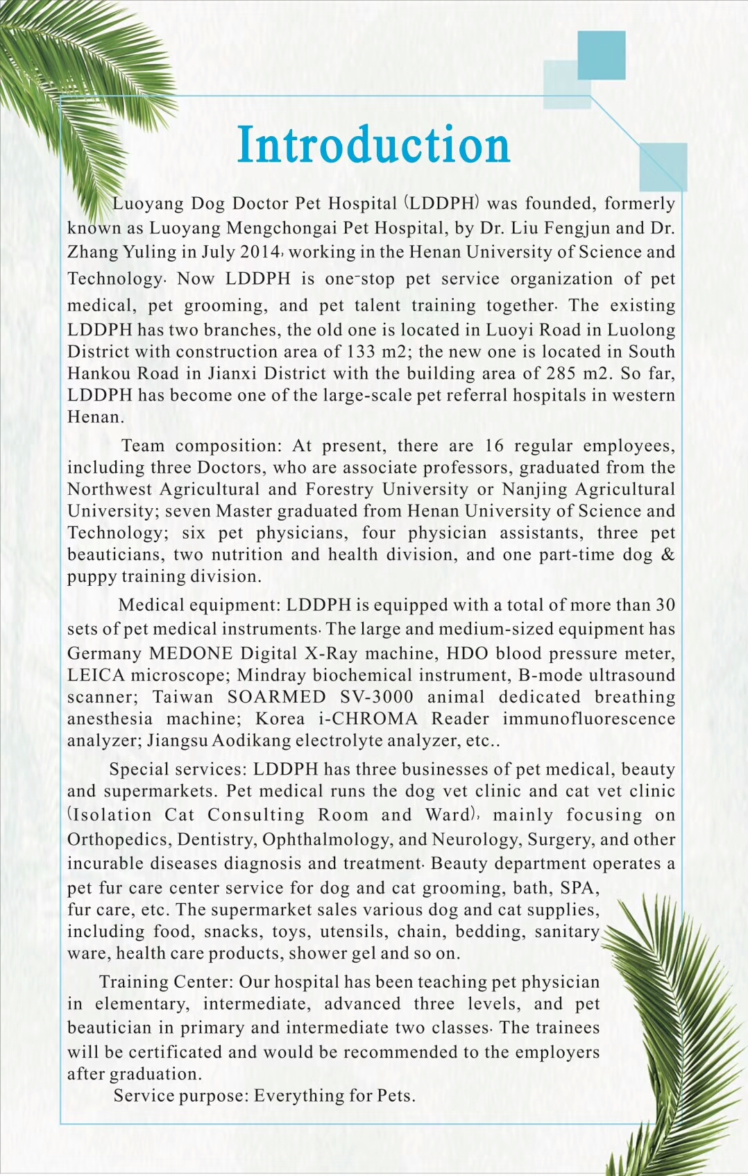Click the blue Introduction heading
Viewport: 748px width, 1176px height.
pyautogui.click(x=373, y=146)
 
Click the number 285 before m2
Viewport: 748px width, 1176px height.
pyautogui.click(x=561, y=373)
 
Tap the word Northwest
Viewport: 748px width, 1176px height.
pyautogui.click(x=110, y=489)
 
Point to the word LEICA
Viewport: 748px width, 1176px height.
pyautogui.click(x=96, y=675)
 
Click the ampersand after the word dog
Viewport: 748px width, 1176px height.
pyautogui.click(x=668, y=555)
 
